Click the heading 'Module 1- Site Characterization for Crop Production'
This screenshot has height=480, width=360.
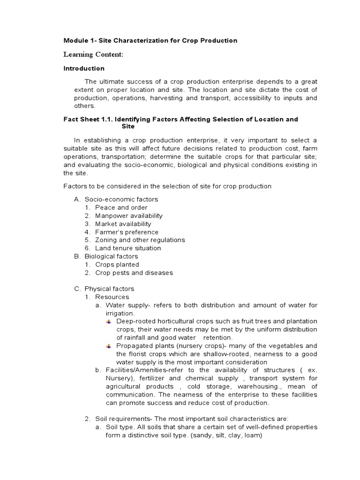coord(150,41)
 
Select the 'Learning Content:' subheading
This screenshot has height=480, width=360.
coord(93,55)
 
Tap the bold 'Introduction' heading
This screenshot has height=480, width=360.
coord(84,68)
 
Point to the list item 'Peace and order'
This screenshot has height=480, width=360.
coord(121,208)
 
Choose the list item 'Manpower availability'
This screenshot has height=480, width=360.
coord(128,216)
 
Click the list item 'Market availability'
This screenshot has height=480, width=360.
coord(123,224)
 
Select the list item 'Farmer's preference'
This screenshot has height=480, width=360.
coord(127,232)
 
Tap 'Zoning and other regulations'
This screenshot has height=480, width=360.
coord(140,240)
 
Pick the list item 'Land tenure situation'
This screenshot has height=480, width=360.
coord(127,248)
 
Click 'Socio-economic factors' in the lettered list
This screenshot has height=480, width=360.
coord(121,199)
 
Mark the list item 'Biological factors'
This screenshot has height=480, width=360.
coord(111,256)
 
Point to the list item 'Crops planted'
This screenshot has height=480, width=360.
coord(117,264)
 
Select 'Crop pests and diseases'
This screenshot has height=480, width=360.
coord(134,273)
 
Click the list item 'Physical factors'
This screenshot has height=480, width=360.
coord(109,289)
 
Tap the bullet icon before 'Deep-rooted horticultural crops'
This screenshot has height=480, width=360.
coord(109,322)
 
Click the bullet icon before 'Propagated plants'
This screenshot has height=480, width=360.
coord(109,346)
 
